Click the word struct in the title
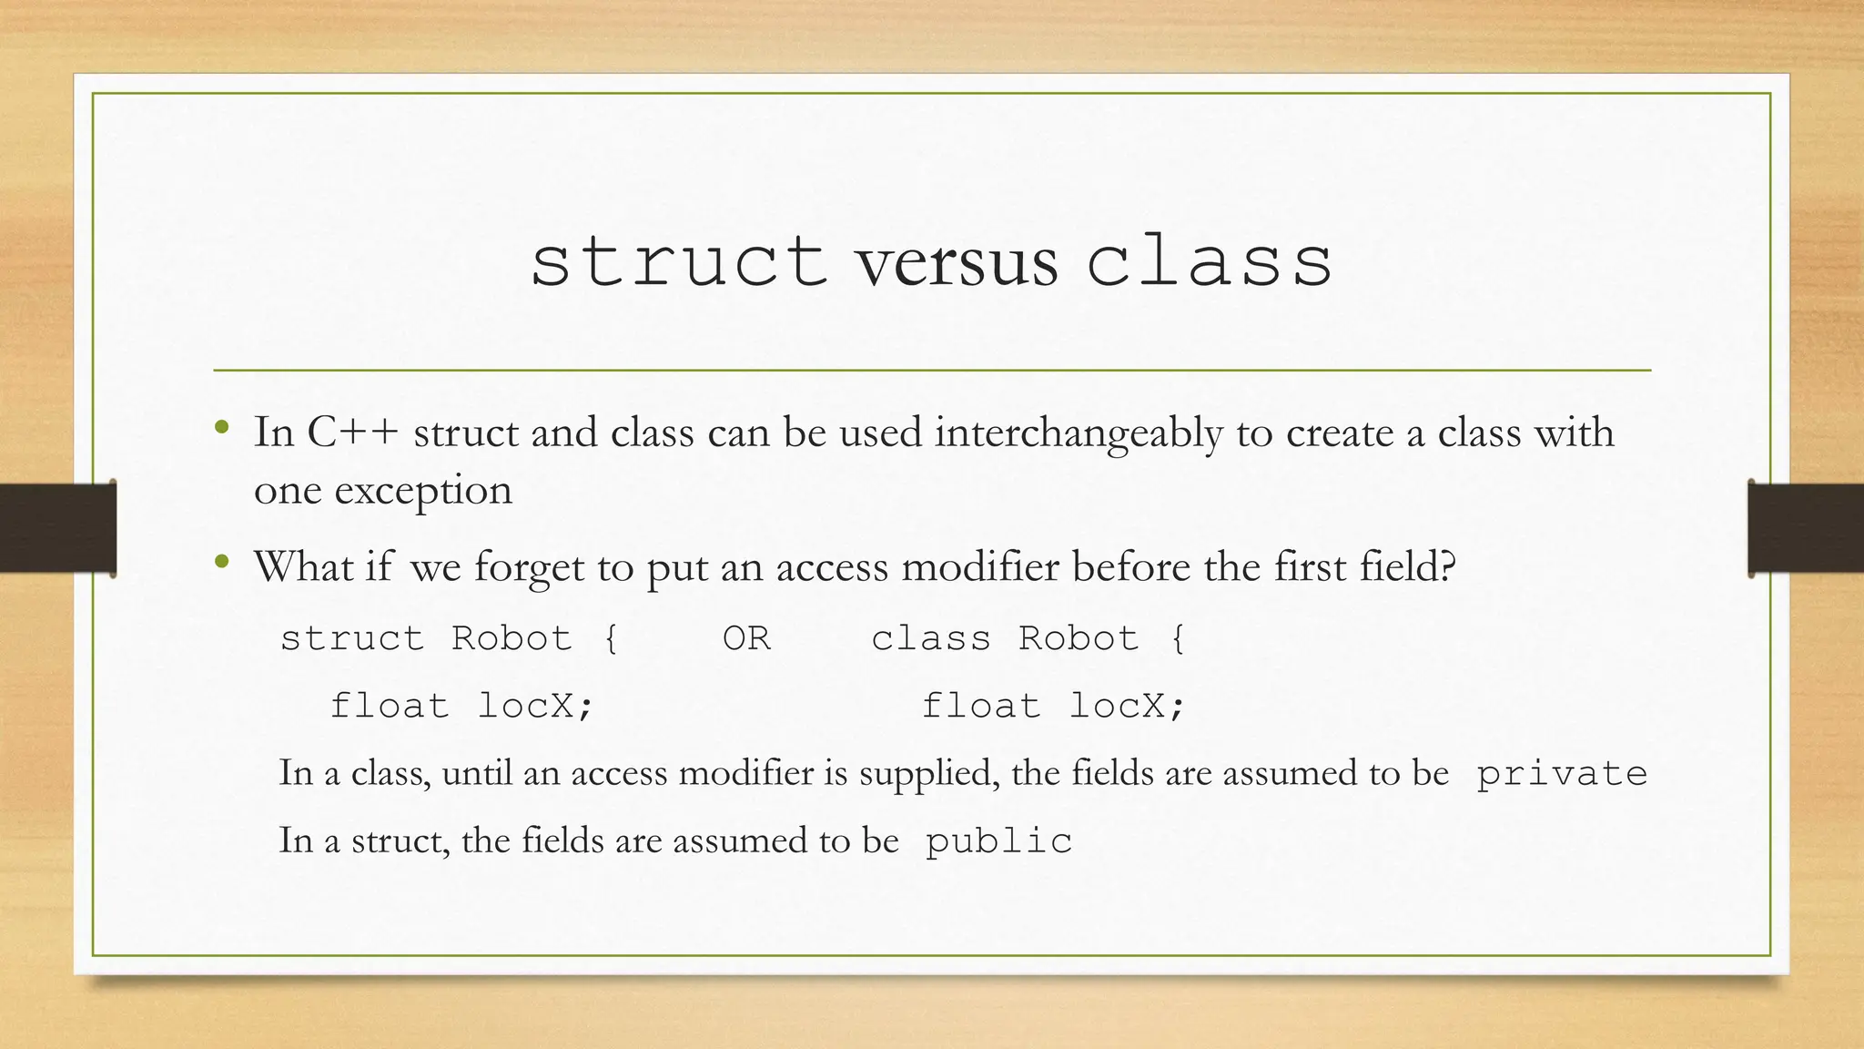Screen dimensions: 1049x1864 click(x=678, y=262)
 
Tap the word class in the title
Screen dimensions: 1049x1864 click(x=1210, y=262)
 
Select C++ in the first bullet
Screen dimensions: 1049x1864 click(x=353, y=433)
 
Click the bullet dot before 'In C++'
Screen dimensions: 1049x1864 click(x=221, y=427)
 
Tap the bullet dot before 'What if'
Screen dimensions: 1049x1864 click(x=221, y=562)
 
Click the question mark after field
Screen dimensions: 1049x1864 click(x=1447, y=566)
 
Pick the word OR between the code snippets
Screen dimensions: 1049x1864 click(x=746, y=638)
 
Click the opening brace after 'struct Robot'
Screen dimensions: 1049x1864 click(x=611, y=638)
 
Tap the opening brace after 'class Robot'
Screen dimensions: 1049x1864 click(x=1178, y=638)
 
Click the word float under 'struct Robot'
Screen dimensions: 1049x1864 click(x=390, y=706)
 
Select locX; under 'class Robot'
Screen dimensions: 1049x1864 click(x=1127, y=706)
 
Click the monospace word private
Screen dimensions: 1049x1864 click(x=1561, y=774)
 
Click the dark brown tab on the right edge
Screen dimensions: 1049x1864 click(x=1806, y=528)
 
